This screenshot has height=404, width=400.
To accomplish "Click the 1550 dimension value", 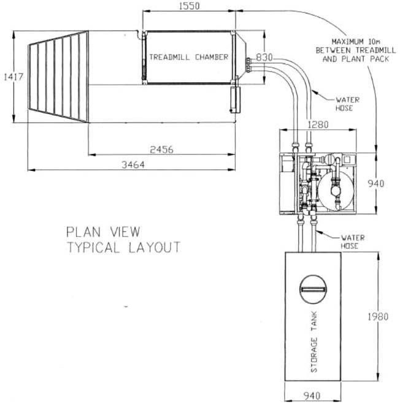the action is (x=190, y=6).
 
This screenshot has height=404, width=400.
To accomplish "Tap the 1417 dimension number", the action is (x=13, y=77).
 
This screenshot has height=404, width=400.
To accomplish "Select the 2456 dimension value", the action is (x=161, y=150).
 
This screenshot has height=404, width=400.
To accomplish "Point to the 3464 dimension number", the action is (x=133, y=165).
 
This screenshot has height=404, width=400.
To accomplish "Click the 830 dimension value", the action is (x=264, y=57).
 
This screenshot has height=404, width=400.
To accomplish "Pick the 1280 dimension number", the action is (x=318, y=124).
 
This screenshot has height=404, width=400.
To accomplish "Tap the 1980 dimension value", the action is (x=378, y=317).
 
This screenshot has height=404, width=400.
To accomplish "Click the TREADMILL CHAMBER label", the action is (x=189, y=57).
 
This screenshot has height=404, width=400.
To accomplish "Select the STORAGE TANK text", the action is (x=314, y=342).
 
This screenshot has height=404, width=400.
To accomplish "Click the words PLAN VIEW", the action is (x=103, y=232).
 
